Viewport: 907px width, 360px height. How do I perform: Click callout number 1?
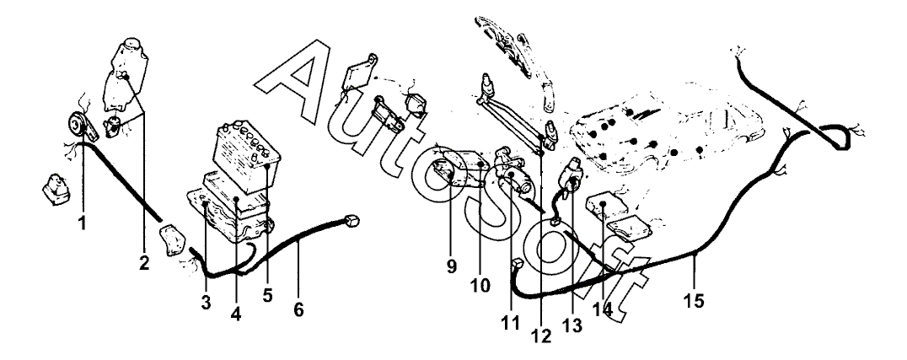point(82,223)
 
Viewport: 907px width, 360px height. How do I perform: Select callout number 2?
point(144,263)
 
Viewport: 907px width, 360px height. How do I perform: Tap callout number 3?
point(207,302)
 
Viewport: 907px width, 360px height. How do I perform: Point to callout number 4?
point(235,314)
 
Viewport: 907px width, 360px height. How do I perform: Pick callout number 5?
point(266,295)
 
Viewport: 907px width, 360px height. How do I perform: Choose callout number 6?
point(298,309)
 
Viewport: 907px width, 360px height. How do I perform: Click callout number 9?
point(451,266)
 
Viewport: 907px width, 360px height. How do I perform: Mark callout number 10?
point(480,285)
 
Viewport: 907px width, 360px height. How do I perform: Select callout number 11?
point(511,323)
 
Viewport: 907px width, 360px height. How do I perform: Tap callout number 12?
point(541,335)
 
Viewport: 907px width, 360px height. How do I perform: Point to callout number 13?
point(572,326)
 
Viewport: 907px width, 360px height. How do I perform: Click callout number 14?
point(602,309)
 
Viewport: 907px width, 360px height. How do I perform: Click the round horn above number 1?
point(77,124)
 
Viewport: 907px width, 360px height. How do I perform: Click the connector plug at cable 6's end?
point(352,221)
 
